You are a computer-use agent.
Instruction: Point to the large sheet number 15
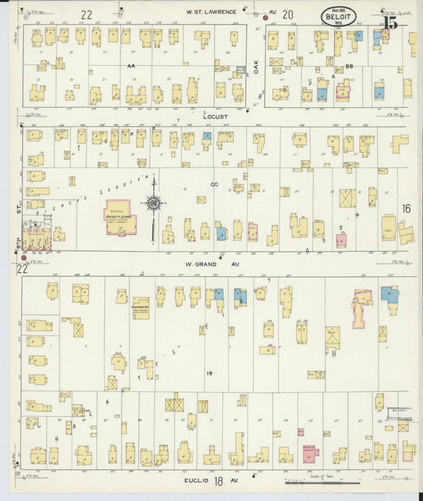click(x=390, y=22)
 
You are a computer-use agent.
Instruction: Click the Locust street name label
click(x=216, y=117)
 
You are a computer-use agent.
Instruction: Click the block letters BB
click(x=348, y=67)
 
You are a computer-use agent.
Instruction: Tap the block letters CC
click(x=213, y=184)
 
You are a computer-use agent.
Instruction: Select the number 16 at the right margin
click(x=406, y=209)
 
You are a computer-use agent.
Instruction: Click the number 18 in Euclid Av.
click(x=217, y=481)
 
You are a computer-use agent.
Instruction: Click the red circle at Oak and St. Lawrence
click(x=266, y=17)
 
